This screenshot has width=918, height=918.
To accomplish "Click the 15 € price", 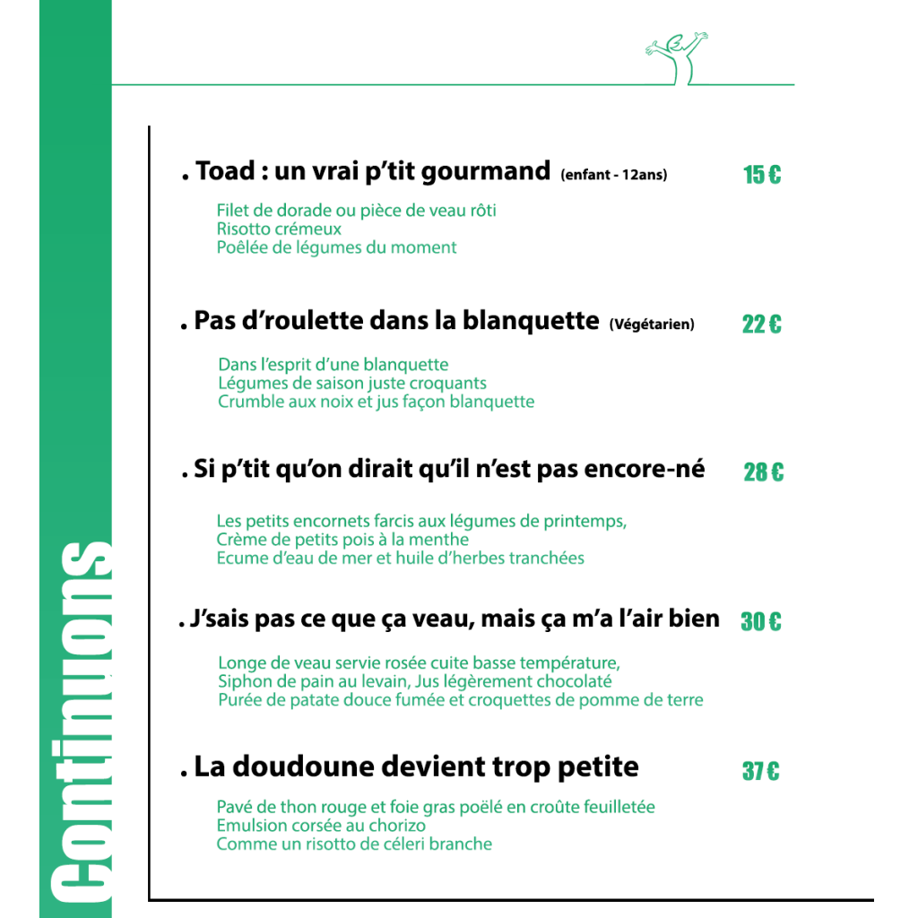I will click(x=762, y=175).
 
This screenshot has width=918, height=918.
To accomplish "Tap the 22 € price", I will click(x=762, y=325).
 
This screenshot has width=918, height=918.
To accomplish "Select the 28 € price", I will click(x=763, y=472).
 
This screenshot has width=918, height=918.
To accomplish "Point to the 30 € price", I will click(x=761, y=621).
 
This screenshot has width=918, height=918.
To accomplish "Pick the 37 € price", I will click(x=761, y=771).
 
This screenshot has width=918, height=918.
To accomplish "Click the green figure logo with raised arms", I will click(x=678, y=59).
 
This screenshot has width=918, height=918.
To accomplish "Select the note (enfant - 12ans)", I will click(x=614, y=175).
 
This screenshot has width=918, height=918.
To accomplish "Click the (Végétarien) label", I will click(x=652, y=325).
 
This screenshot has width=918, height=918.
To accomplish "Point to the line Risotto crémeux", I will click(x=279, y=229).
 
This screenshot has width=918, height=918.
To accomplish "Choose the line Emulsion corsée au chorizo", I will click(x=321, y=825).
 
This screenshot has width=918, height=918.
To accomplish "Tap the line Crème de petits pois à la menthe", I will click(x=342, y=540).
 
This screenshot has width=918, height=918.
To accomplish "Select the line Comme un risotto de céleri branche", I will click(x=354, y=844).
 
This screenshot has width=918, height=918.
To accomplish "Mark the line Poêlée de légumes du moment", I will click(x=336, y=247).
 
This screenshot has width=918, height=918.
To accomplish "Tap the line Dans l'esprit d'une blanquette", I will click(x=333, y=365).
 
